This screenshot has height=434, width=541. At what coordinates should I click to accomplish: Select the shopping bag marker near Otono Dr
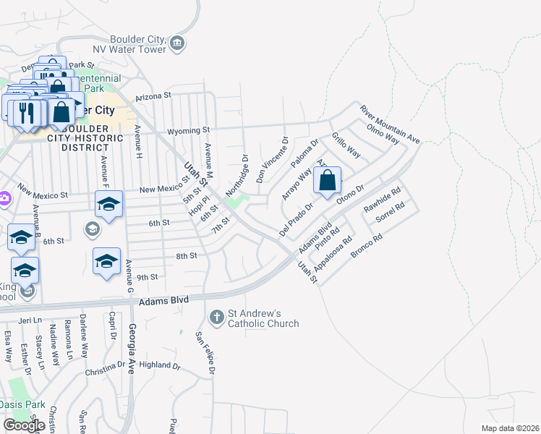327,181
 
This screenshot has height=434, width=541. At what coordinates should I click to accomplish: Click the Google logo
24,425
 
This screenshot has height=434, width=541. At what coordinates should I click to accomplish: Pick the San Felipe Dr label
205,353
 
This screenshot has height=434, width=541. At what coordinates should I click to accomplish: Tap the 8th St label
187,256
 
